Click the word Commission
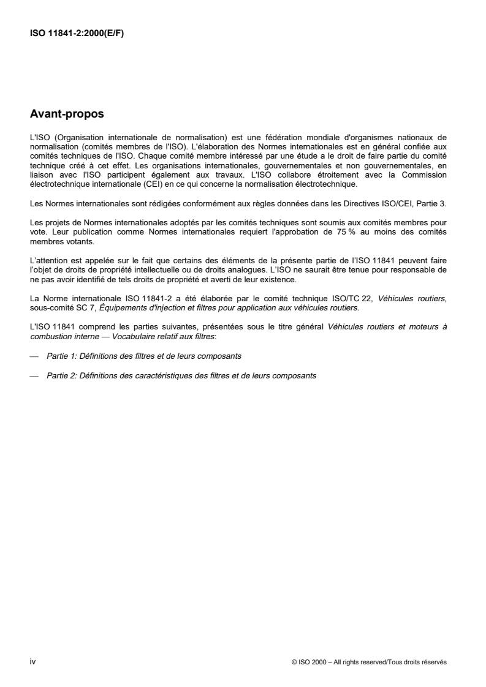(424, 176)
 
